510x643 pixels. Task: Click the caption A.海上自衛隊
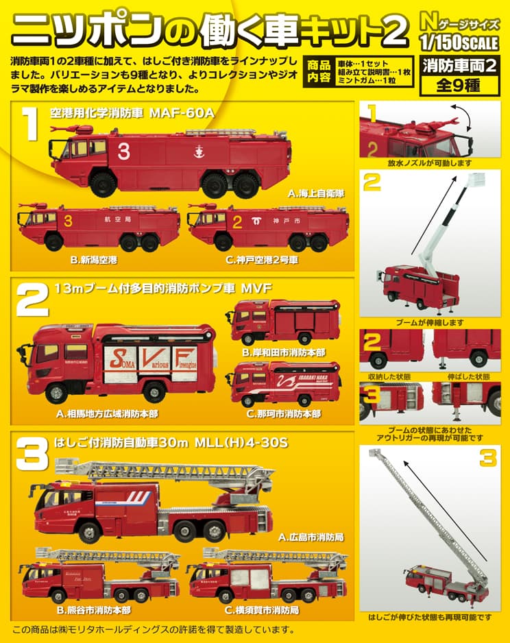pos(315,194)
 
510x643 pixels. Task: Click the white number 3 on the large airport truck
pos(123,149)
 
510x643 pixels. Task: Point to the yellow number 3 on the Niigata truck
pos(67,221)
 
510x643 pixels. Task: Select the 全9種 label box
pos(459,86)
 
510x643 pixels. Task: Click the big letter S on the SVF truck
pos(121,356)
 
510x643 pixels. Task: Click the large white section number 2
pos(32,302)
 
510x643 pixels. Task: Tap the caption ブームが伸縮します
pos(430,321)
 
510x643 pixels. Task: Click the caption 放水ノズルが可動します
pos(430,165)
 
